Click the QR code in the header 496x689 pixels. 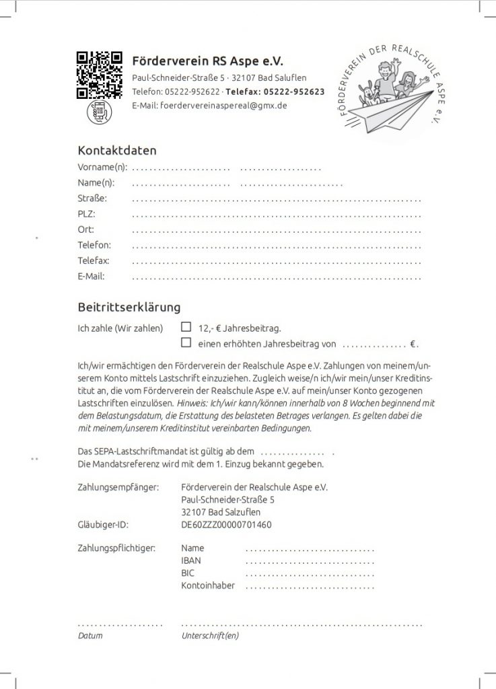pos(99,75)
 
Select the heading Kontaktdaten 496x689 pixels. pos(117,150)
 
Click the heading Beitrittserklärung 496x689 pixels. pos(129,307)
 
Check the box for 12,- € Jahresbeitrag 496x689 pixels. pos(186,328)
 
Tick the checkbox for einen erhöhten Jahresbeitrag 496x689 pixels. pos(186,343)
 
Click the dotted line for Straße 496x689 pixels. pos(277,200)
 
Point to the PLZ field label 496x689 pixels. pos(87,214)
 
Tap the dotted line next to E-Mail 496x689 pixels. pos(277,277)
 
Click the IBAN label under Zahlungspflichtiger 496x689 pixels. pos(191,560)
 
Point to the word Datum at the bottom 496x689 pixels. pos(91,635)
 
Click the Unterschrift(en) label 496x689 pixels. pos(210,635)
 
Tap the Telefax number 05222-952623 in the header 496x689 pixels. pos(294,92)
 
